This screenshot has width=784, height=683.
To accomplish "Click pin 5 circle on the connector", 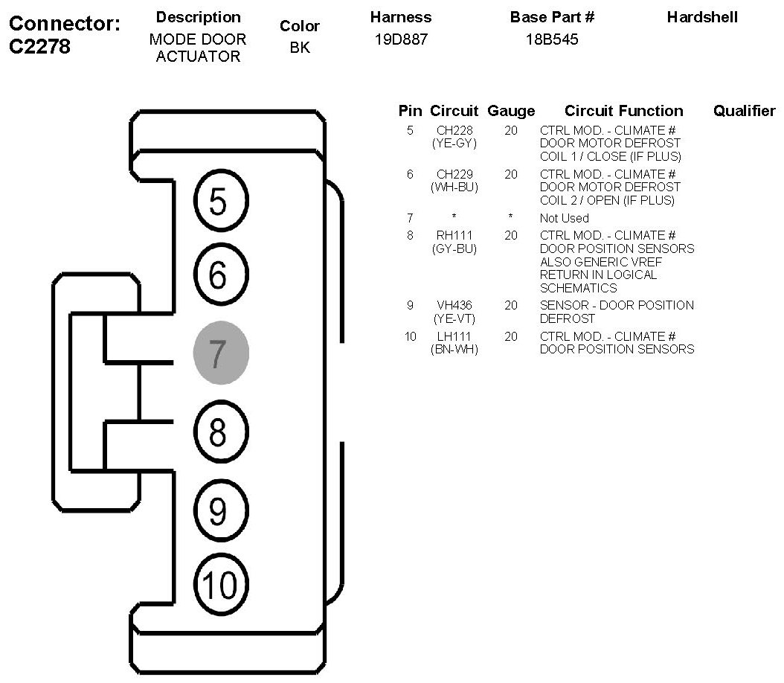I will (x=221, y=201).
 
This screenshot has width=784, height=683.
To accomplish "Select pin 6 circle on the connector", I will (x=221, y=276).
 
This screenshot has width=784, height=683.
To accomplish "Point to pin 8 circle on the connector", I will (x=221, y=432).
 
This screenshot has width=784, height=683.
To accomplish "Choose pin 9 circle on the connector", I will (x=221, y=510).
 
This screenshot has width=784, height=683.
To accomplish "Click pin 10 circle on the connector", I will (x=221, y=585).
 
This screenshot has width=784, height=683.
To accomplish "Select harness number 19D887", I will (x=402, y=40).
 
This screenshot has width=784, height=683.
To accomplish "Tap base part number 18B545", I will (x=552, y=40).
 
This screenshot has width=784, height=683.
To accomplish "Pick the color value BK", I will (x=300, y=48).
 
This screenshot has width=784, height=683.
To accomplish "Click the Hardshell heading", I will (x=702, y=17).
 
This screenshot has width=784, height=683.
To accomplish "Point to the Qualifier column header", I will (x=744, y=111).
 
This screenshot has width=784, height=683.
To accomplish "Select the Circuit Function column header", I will (x=623, y=111).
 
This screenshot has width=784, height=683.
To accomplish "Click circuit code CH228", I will (x=454, y=131).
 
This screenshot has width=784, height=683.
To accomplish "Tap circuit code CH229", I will (x=454, y=175).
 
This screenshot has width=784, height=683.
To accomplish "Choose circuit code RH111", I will (x=454, y=236).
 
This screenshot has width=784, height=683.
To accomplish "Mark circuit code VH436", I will (x=454, y=306).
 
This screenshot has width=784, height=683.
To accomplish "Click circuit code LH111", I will (x=454, y=337).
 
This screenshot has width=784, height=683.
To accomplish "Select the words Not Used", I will (x=564, y=219).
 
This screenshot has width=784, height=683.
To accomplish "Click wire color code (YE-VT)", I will (x=454, y=318).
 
